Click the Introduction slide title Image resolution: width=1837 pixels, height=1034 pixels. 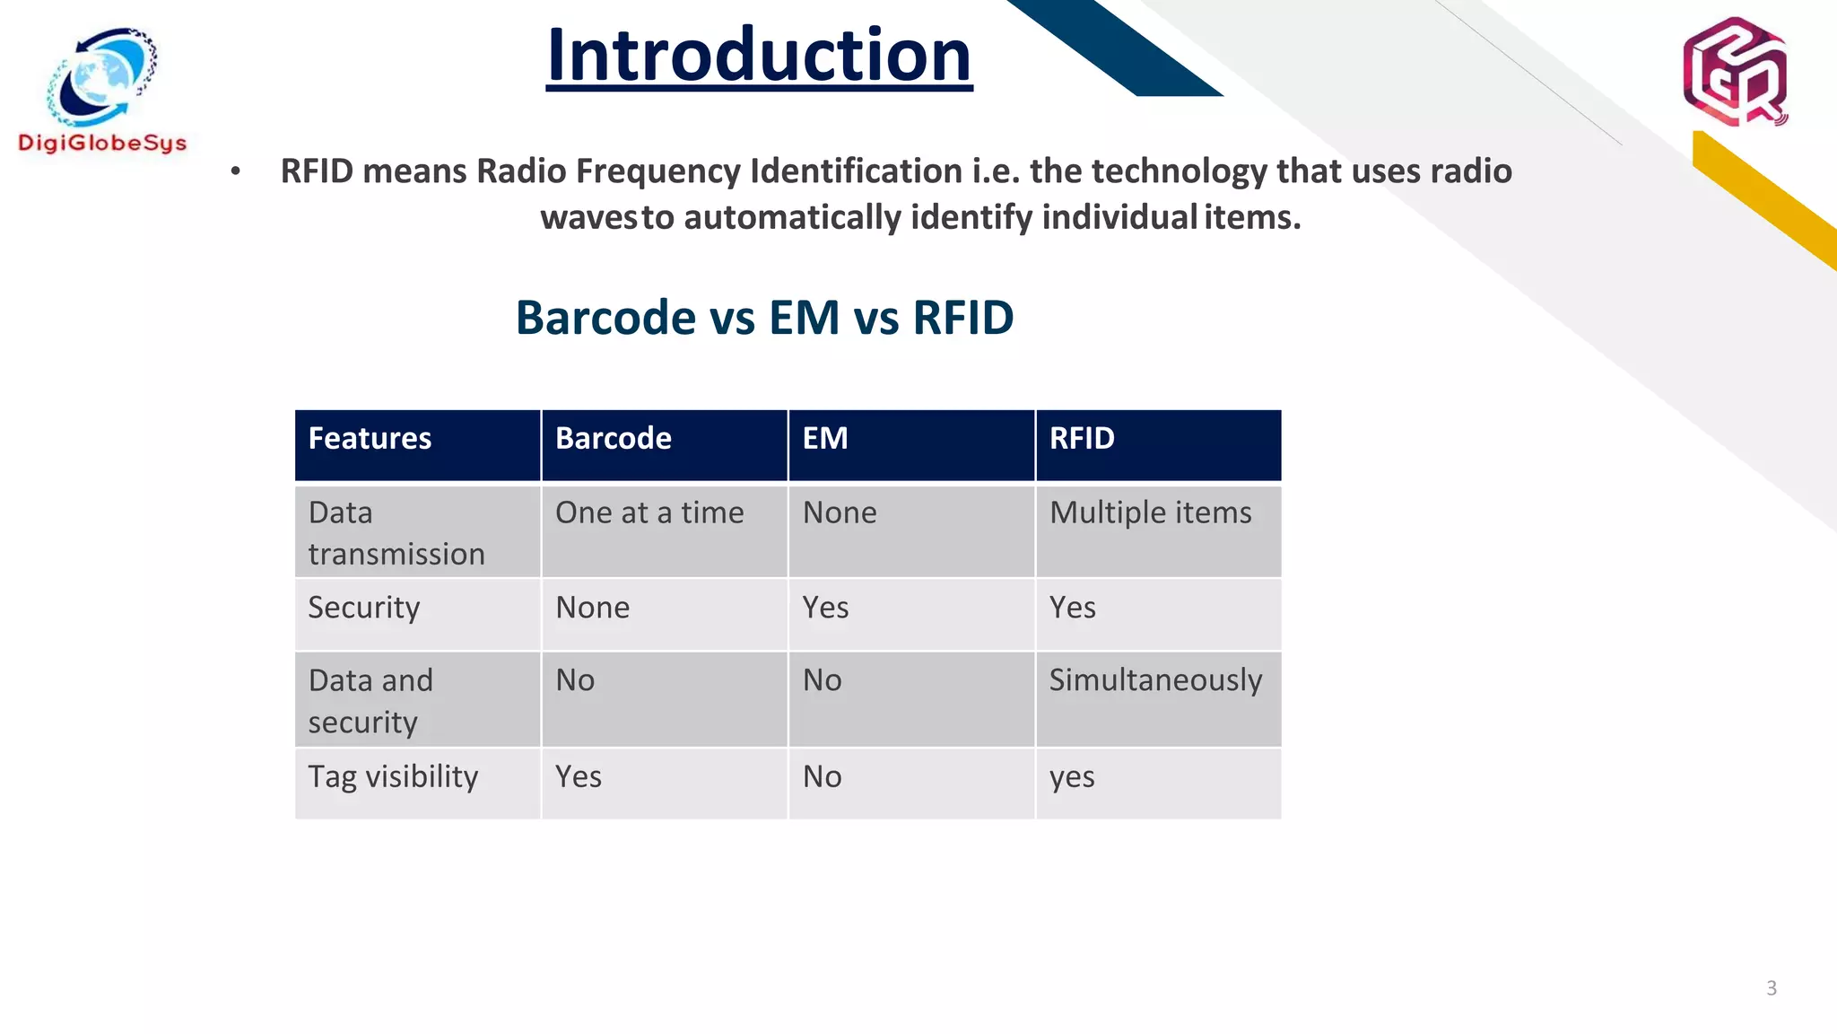tap(759, 56)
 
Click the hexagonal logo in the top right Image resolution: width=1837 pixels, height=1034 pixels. tap(1735, 72)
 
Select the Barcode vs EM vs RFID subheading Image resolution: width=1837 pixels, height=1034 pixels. tap(764, 318)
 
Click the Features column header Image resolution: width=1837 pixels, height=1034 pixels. tap(370, 439)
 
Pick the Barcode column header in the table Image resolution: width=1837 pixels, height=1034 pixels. tap(614, 439)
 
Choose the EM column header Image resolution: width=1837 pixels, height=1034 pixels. tap(825, 439)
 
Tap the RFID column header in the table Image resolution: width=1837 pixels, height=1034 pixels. tap(1082, 439)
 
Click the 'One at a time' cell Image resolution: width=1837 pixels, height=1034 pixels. tap(649, 513)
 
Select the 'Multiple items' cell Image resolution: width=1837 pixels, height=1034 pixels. tap(1150, 513)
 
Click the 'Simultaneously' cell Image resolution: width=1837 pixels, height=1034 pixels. tap(1155, 680)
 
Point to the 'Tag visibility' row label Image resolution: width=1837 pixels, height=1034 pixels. tap(393, 777)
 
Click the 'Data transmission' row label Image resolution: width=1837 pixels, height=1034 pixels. tap(396, 533)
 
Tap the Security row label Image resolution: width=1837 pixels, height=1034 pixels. tap(363, 609)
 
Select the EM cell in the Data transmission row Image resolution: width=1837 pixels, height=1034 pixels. tap(840, 513)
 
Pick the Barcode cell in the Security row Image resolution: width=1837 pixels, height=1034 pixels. tap(592, 609)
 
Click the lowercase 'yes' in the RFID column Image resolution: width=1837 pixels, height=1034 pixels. tap(1072, 777)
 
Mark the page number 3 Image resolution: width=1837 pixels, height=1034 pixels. tap(1771, 988)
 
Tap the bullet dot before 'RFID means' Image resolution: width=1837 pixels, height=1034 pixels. tap(235, 171)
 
